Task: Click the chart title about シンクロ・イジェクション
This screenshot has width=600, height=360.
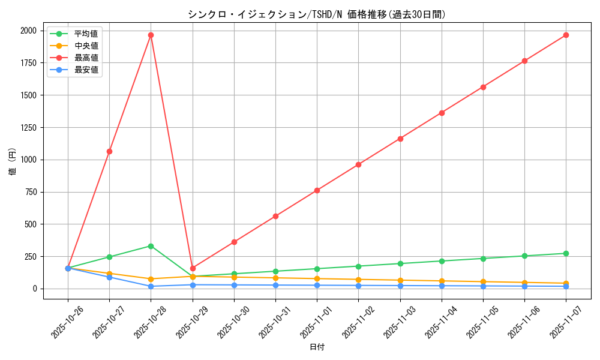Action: point(317,14)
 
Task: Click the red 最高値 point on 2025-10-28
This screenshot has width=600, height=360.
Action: point(151,35)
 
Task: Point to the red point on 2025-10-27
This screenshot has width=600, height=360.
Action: point(109,151)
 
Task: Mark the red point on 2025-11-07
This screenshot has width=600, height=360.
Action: point(566,35)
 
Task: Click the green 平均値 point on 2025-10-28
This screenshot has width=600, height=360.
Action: point(151,246)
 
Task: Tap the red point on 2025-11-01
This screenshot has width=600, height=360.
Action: point(317,190)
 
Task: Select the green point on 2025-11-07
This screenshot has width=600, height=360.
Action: point(566,253)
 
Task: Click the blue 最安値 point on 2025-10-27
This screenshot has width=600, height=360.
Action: point(109,277)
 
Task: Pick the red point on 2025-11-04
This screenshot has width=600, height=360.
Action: point(442,113)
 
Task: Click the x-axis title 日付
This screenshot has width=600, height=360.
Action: point(317,347)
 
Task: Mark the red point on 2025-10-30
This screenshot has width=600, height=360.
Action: point(234,242)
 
